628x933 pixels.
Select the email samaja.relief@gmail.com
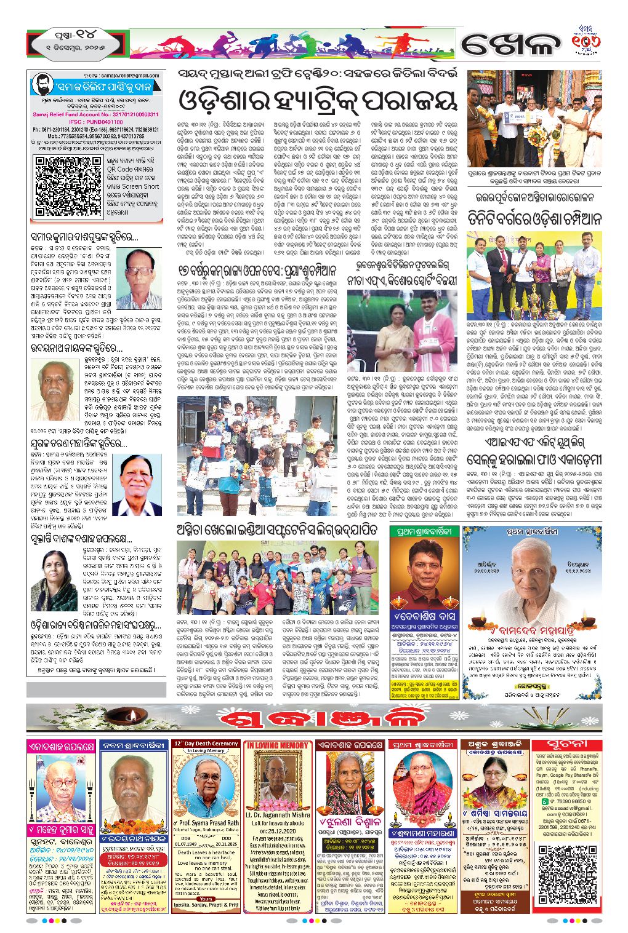129,75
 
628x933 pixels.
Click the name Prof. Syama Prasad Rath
207,822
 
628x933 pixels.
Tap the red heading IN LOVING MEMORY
278,745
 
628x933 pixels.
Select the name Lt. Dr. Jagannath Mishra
278,815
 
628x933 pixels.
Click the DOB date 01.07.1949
186,844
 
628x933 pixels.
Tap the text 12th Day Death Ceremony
206,744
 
